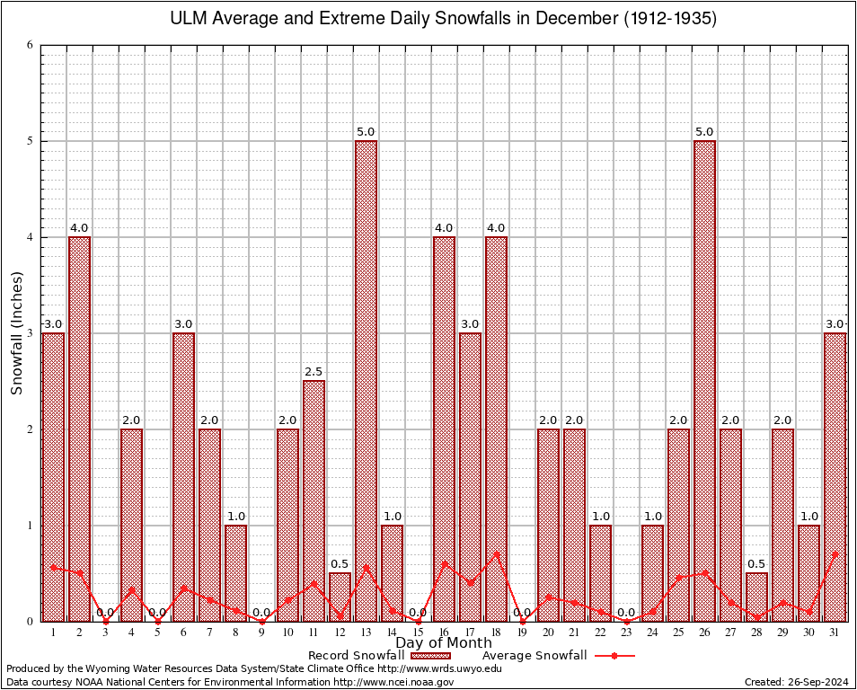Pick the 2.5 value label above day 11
[314, 372]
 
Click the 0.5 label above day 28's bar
[756, 564]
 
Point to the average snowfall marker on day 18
[496, 553]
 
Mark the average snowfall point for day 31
[835, 554]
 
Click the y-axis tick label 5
[30, 141]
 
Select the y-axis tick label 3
[30, 333]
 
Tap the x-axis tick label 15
[418, 632]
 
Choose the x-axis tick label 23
[626, 632]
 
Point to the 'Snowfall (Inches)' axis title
[17, 333]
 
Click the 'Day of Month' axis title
[444, 643]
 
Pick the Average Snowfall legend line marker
[614, 656]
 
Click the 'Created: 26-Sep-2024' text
[796, 682]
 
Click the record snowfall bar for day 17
[470, 477]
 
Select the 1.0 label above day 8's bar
[235, 517]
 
